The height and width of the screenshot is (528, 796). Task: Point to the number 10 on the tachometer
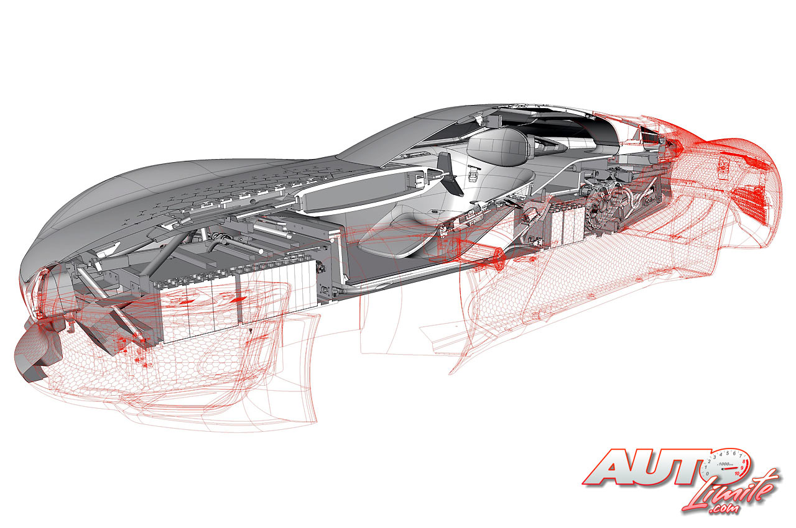pos(737,473)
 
